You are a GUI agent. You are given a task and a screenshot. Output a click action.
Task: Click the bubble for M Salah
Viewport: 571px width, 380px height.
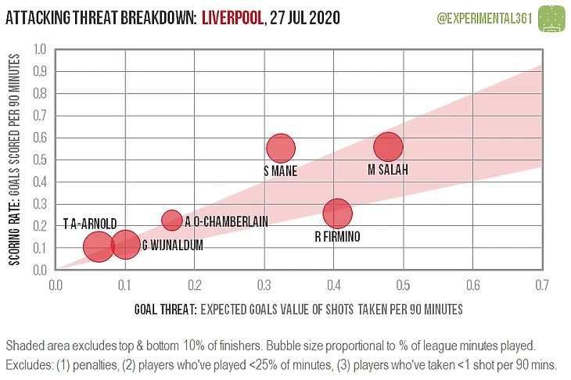[x=388, y=147]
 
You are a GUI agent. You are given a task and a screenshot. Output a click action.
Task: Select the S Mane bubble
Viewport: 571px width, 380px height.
[x=280, y=148]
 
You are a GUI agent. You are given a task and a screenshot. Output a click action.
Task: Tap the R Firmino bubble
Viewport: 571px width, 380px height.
[x=337, y=213]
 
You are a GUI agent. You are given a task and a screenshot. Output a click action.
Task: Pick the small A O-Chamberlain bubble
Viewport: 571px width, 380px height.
[x=172, y=220]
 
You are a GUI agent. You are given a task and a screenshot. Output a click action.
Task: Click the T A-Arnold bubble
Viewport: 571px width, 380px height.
[x=98, y=246]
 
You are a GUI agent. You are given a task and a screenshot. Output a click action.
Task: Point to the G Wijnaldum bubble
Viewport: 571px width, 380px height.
[x=125, y=245]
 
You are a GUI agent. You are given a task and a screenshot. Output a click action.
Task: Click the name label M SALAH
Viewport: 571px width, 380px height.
[x=388, y=170]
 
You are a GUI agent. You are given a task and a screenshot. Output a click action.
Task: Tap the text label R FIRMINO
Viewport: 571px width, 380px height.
[x=337, y=236]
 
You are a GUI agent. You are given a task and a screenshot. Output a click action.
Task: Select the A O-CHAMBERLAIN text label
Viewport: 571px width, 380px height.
[x=227, y=221]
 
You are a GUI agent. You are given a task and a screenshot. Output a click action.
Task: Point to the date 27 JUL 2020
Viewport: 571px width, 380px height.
[x=303, y=17]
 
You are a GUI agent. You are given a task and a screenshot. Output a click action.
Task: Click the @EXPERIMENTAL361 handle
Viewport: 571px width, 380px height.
[x=478, y=17]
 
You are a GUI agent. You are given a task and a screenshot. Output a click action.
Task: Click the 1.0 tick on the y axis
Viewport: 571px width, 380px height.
[x=39, y=49]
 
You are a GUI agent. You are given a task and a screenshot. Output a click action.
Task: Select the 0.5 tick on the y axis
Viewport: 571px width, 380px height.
[x=39, y=160]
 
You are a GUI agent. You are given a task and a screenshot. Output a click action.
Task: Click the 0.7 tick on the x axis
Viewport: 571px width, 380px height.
[x=541, y=285]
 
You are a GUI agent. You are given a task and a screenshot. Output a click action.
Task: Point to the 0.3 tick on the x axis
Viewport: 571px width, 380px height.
[x=264, y=285]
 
